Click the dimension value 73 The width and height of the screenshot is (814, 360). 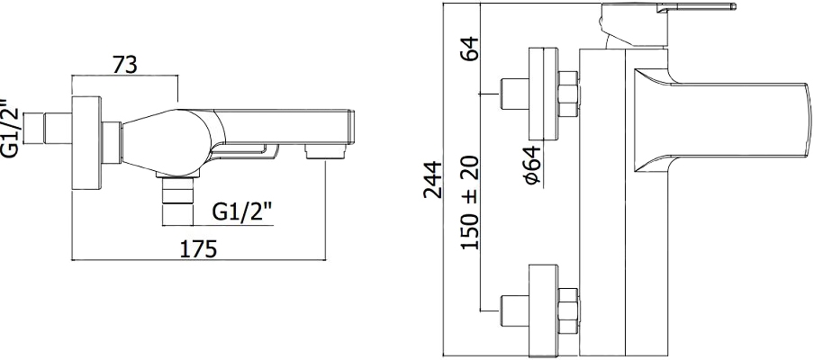coord(124,65)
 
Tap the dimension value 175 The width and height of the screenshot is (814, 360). coord(198,249)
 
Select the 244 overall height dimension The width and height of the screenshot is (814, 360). coord(432,180)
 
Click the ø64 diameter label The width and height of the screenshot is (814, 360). coord(532,165)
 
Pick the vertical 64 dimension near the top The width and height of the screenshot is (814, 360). coord(470,49)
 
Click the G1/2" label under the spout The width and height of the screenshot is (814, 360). coord(242,211)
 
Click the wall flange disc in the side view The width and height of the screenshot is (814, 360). coord(86,143)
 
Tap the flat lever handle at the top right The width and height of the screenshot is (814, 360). coord(696,7)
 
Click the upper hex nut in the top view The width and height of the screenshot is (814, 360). coord(567,94)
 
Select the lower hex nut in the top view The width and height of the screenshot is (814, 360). coord(567,310)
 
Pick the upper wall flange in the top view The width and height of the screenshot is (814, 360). coord(543,94)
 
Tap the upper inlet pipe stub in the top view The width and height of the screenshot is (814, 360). coord(514,94)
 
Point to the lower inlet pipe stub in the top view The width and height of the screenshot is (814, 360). coord(514,310)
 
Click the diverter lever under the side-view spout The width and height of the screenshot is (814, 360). coord(244,151)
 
